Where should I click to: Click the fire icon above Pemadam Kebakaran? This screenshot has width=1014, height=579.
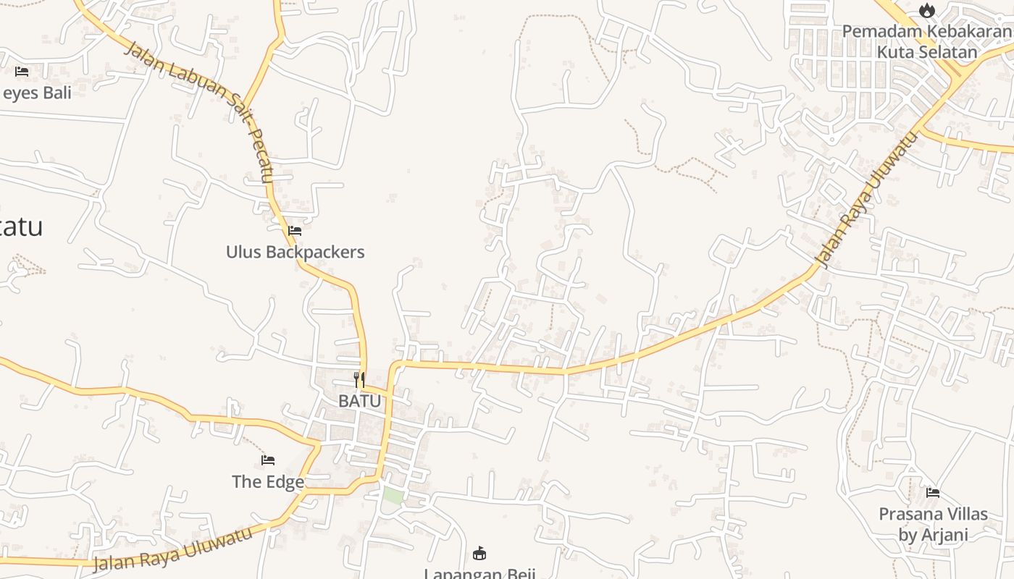[927, 11]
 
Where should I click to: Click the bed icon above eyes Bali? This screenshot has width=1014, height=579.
[22, 72]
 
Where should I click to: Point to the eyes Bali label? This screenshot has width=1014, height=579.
[36, 93]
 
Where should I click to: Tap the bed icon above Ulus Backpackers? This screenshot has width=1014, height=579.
[295, 231]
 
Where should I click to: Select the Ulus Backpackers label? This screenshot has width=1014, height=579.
[295, 252]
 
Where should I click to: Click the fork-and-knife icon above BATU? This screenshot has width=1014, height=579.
[359, 379]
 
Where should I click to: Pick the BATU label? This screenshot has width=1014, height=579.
[359, 400]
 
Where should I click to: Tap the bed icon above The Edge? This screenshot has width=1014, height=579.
[268, 460]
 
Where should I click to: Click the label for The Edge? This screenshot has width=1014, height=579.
[267, 481]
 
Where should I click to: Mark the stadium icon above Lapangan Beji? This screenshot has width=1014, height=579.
[479, 554]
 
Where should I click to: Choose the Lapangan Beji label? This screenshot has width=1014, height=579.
[479, 573]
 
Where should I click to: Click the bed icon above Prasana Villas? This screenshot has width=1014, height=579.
[933, 493]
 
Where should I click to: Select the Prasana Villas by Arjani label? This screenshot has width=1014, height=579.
[933, 524]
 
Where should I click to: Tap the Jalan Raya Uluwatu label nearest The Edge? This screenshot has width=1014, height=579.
[174, 549]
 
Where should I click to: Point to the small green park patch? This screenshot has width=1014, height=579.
[393, 496]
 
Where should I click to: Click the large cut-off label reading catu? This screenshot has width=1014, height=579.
[22, 227]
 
